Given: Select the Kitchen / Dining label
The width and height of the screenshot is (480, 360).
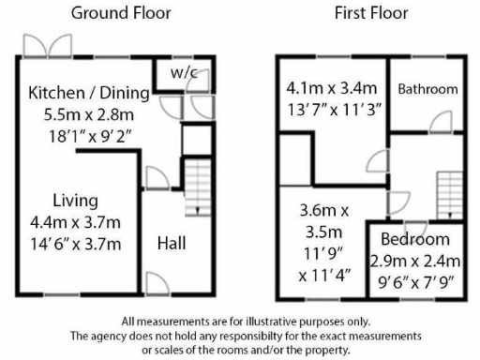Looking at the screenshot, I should tap(89, 93).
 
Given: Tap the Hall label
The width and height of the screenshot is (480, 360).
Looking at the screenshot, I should tap(171, 243).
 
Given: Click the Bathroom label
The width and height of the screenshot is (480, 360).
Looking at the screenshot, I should tap(427, 90).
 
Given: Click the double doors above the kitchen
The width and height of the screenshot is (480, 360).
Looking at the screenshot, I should tap(49, 46).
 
